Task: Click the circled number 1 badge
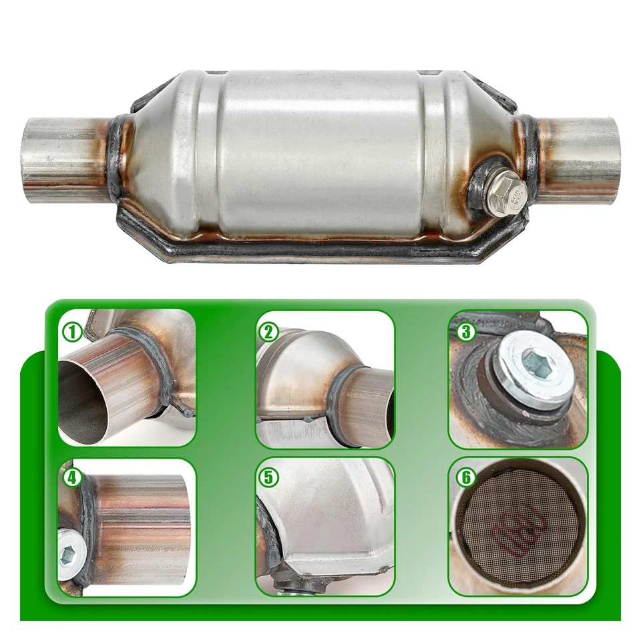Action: coord(71,330)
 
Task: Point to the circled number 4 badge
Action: coord(71,477)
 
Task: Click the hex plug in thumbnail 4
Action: coord(67,554)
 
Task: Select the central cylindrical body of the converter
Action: coord(320,154)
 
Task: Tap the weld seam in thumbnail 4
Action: coord(87,527)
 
